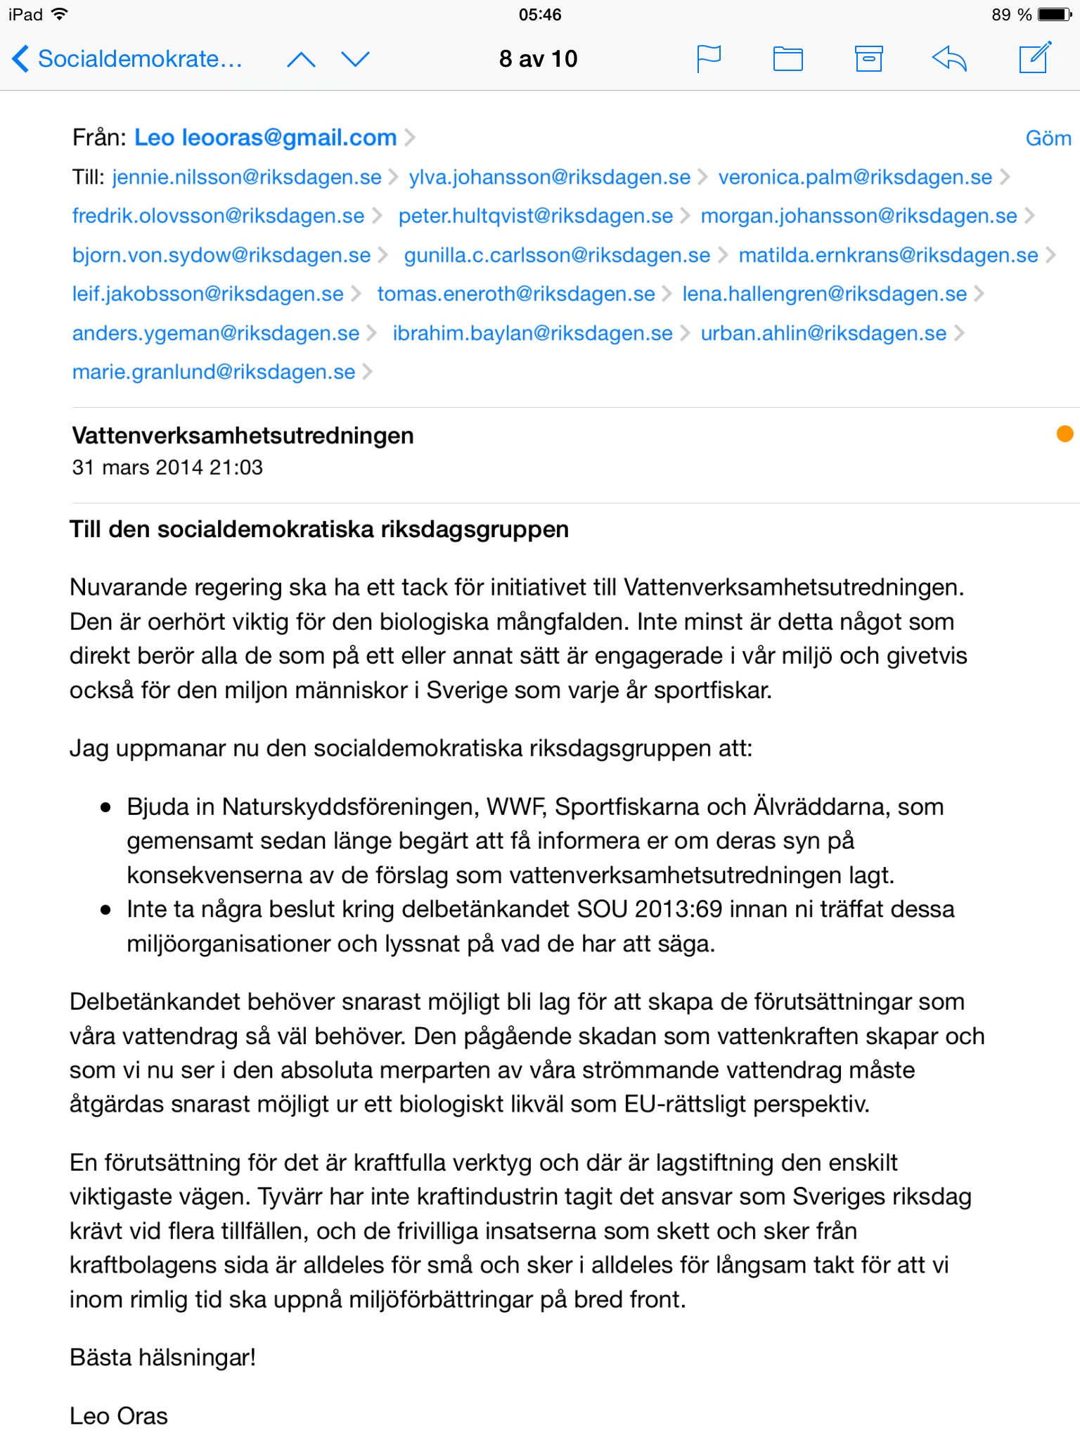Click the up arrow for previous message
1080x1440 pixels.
[301, 59]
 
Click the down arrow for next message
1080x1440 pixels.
[355, 59]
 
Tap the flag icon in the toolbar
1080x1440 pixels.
[708, 58]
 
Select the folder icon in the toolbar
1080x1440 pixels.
[787, 58]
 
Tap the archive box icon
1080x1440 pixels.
[868, 58]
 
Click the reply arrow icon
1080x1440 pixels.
[949, 58]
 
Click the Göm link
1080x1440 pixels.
[1048, 139]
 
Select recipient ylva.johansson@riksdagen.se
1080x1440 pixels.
[550, 177]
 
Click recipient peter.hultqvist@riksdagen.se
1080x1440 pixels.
[536, 216]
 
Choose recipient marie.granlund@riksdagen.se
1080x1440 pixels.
[214, 372]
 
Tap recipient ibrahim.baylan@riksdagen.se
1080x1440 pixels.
[532, 333]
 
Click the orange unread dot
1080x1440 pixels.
[1065, 434]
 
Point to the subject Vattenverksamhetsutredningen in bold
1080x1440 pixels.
[243, 436]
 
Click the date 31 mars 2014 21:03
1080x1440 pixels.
[167, 468]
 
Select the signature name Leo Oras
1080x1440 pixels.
[119, 1416]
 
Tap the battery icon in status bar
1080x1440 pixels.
[1055, 15]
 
